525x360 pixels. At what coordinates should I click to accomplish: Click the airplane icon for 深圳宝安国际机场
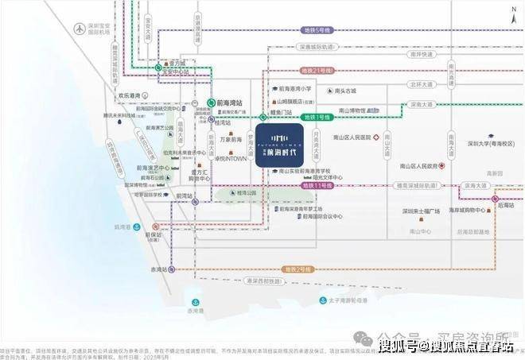79,28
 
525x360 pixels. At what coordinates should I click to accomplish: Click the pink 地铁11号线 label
315,184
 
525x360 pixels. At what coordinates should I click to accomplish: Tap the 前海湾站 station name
231,103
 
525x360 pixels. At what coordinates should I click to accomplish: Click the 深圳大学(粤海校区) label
491,144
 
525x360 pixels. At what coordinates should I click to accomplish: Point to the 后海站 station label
506,203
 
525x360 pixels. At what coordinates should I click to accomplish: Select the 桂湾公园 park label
247,192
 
